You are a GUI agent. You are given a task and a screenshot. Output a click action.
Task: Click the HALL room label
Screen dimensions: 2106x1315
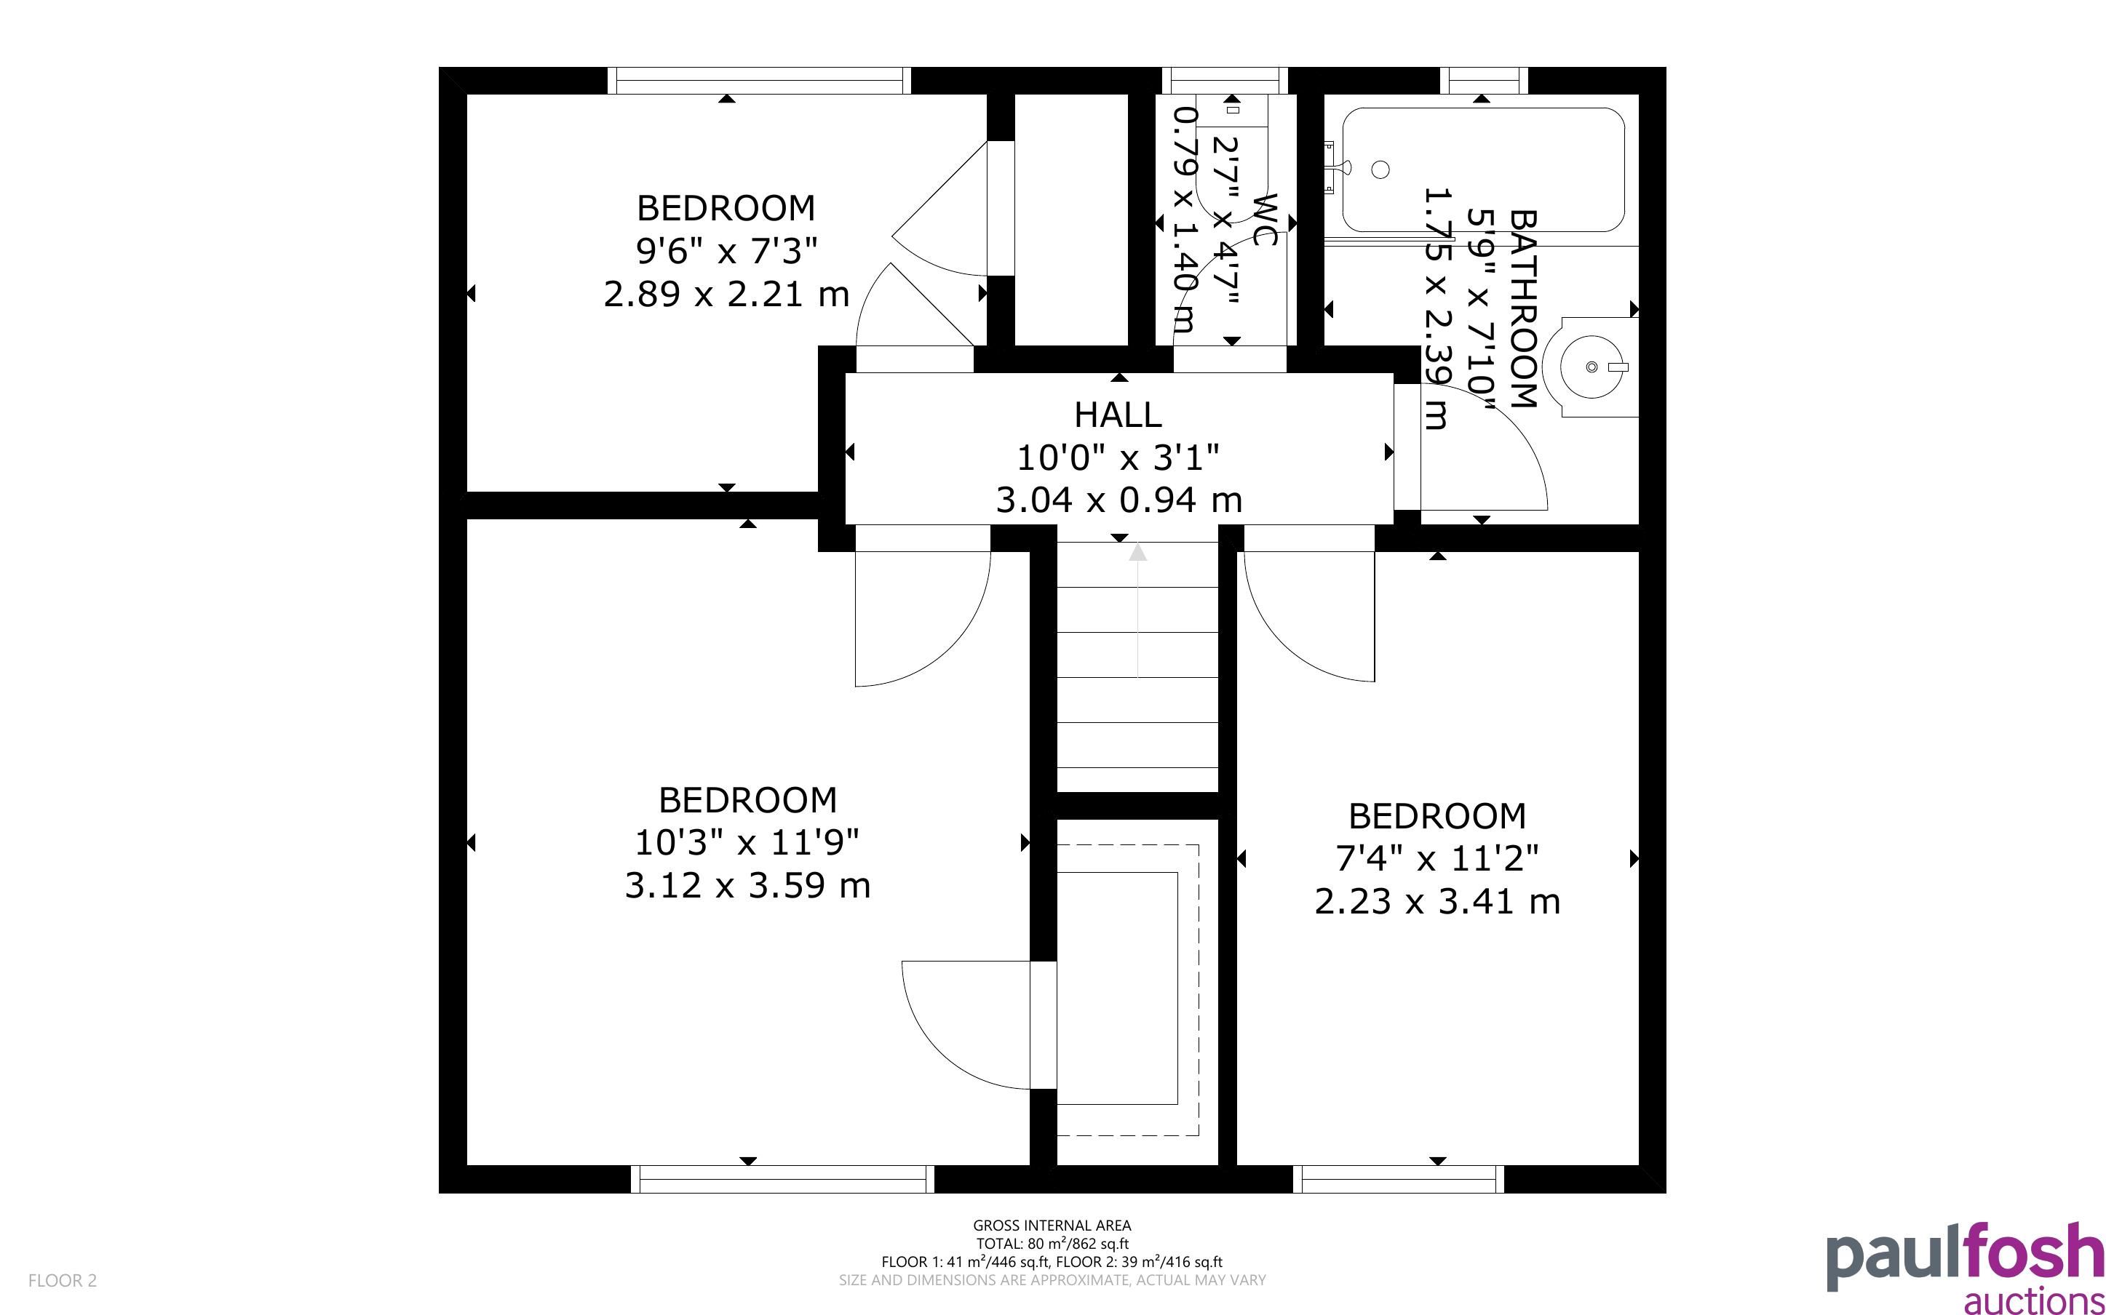[1118, 415]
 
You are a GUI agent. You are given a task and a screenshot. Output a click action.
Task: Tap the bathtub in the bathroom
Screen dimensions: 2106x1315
[1483, 169]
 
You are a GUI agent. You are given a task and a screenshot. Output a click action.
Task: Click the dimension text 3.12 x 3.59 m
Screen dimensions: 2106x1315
[747, 885]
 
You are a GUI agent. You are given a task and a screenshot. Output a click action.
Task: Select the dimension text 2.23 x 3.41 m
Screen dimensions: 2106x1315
[1437, 901]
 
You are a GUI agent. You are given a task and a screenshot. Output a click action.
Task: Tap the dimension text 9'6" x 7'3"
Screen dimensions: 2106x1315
[726, 252]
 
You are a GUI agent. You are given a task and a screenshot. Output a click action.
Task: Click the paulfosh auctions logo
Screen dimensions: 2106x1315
[1965, 1269]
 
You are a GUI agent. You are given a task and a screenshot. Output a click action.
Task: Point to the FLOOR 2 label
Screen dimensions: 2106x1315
[63, 1280]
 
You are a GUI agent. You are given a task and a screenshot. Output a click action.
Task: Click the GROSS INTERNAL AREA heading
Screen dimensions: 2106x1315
[1052, 1226]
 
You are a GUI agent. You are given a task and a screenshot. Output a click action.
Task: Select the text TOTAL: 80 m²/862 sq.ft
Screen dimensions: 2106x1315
[1052, 1244]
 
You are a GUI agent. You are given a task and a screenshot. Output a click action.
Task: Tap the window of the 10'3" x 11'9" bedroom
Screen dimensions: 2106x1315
[782, 1179]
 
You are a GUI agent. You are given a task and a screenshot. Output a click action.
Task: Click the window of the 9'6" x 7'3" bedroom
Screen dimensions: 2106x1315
[758, 80]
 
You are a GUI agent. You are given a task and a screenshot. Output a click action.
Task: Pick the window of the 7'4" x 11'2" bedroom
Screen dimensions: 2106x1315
[1398, 1179]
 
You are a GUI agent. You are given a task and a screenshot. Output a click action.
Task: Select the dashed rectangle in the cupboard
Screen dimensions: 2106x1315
[1127, 991]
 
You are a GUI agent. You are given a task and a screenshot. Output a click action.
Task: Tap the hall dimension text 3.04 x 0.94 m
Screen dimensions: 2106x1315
[1118, 500]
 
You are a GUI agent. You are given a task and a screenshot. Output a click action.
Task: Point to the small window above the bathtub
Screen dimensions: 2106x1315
[1484, 80]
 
